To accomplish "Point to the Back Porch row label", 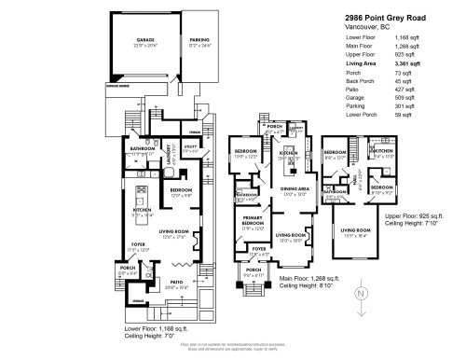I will [369, 82].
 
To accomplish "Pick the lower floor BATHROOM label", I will [143, 147].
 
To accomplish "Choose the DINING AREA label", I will [295, 191].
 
